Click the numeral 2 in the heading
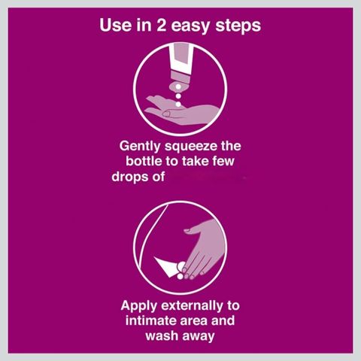[162, 25]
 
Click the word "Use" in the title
[115, 25]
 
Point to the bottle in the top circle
[181, 66]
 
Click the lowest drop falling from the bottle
[178, 104]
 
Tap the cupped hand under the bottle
[182, 111]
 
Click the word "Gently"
[140, 147]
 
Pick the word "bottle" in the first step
[144, 161]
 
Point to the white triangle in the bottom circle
[166, 266]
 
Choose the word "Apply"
[139, 307]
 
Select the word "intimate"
[150, 320]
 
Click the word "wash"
[162, 336]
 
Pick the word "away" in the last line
[199, 337]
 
